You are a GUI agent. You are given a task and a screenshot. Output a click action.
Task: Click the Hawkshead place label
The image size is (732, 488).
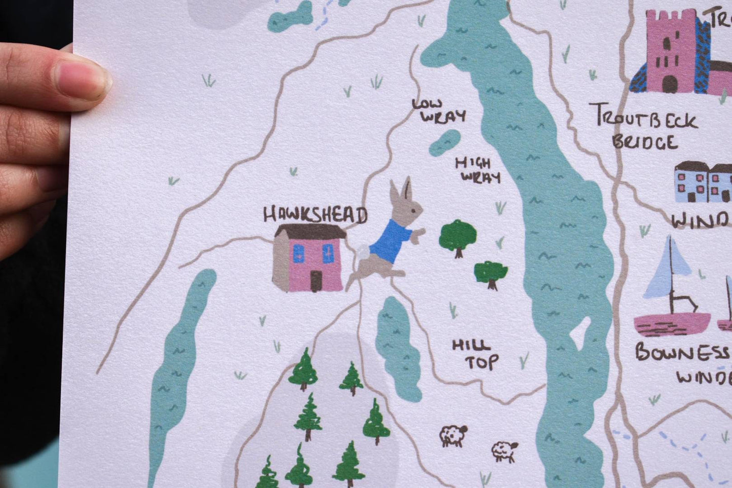tap(314, 215)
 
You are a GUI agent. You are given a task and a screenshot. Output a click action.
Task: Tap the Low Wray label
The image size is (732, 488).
tap(439, 111)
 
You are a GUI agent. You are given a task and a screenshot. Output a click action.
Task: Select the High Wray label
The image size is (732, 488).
tap(478, 170)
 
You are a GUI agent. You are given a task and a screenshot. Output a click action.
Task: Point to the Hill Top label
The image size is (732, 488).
tap(475, 354)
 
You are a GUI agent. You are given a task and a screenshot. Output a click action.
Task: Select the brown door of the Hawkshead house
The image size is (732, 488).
tap(316, 281)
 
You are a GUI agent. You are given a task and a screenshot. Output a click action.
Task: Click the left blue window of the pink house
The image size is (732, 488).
tap(298, 253)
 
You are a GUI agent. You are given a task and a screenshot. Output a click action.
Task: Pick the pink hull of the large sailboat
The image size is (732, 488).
tap(672, 324)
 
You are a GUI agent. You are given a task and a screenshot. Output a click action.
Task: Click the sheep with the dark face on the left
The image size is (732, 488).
tap(452, 435)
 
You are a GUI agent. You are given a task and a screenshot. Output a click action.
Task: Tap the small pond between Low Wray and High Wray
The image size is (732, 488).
tap(445, 142)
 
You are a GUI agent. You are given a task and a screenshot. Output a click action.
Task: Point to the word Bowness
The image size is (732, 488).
tap(681, 352)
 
